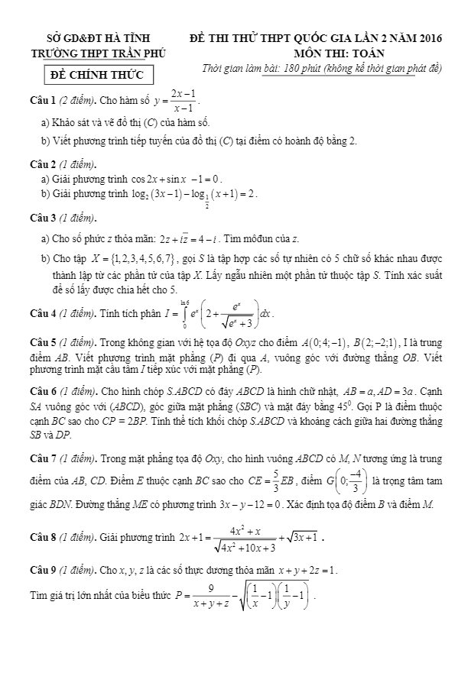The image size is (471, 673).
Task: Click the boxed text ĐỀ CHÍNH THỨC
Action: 98,76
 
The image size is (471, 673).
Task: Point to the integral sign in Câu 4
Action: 184,313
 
